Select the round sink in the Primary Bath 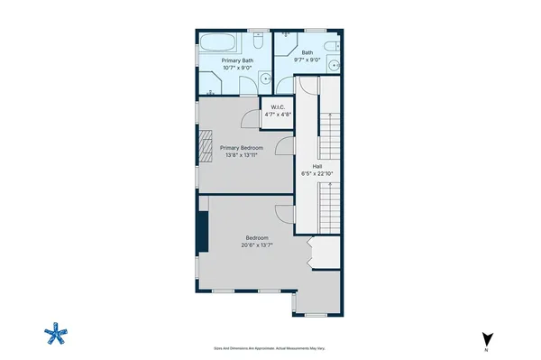[266, 78]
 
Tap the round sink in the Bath [333, 64]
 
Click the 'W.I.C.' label [277, 108]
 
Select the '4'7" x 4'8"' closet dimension [277, 115]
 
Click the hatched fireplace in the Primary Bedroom [205, 147]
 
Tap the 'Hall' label [317, 165]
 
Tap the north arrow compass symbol [487, 339]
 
